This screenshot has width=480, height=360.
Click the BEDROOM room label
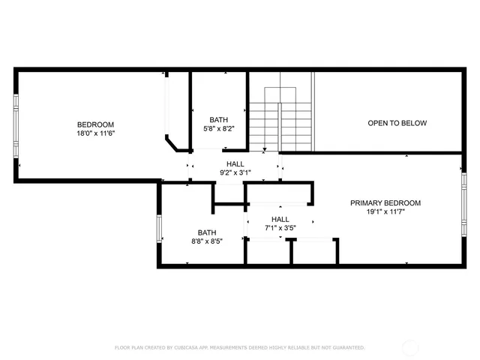(95, 124)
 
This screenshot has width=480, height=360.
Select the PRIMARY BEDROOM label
(385, 203)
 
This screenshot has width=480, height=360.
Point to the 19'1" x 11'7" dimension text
(385, 211)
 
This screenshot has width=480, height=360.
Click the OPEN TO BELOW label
(397, 123)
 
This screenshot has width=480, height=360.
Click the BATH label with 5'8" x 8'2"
(219, 120)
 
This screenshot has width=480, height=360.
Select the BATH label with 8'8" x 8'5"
(207, 232)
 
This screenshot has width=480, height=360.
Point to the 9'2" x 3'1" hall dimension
(235, 172)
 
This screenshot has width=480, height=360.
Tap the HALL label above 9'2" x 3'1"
(235, 163)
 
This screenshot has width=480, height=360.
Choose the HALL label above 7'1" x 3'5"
(277, 219)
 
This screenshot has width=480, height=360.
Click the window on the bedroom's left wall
(16, 124)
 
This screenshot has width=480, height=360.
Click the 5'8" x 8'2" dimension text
(219, 128)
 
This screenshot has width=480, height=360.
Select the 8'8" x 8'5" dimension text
(207, 241)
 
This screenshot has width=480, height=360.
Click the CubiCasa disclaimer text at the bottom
(239, 348)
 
